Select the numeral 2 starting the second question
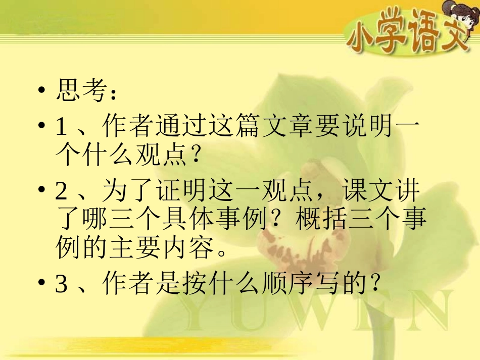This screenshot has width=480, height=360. tap(62, 193)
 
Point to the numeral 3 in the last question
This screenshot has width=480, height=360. tap(62, 286)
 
